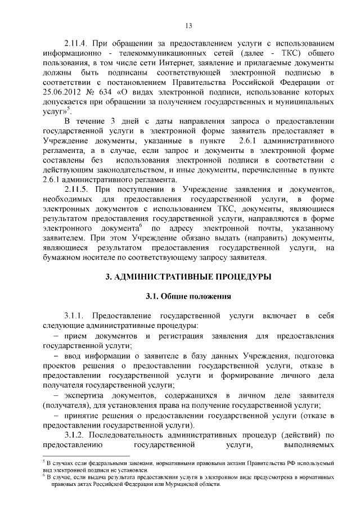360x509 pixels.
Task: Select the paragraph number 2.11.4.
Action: click(x=76, y=43)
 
